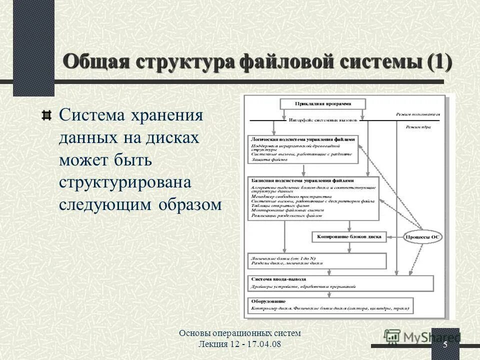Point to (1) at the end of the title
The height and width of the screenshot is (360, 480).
(x=439, y=63)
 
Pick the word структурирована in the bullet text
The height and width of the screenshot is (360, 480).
(x=125, y=183)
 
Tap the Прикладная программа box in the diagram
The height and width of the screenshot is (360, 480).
(x=322, y=104)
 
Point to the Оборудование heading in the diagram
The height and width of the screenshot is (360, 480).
(x=267, y=301)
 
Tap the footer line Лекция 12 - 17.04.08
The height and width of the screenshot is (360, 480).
(x=239, y=345)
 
